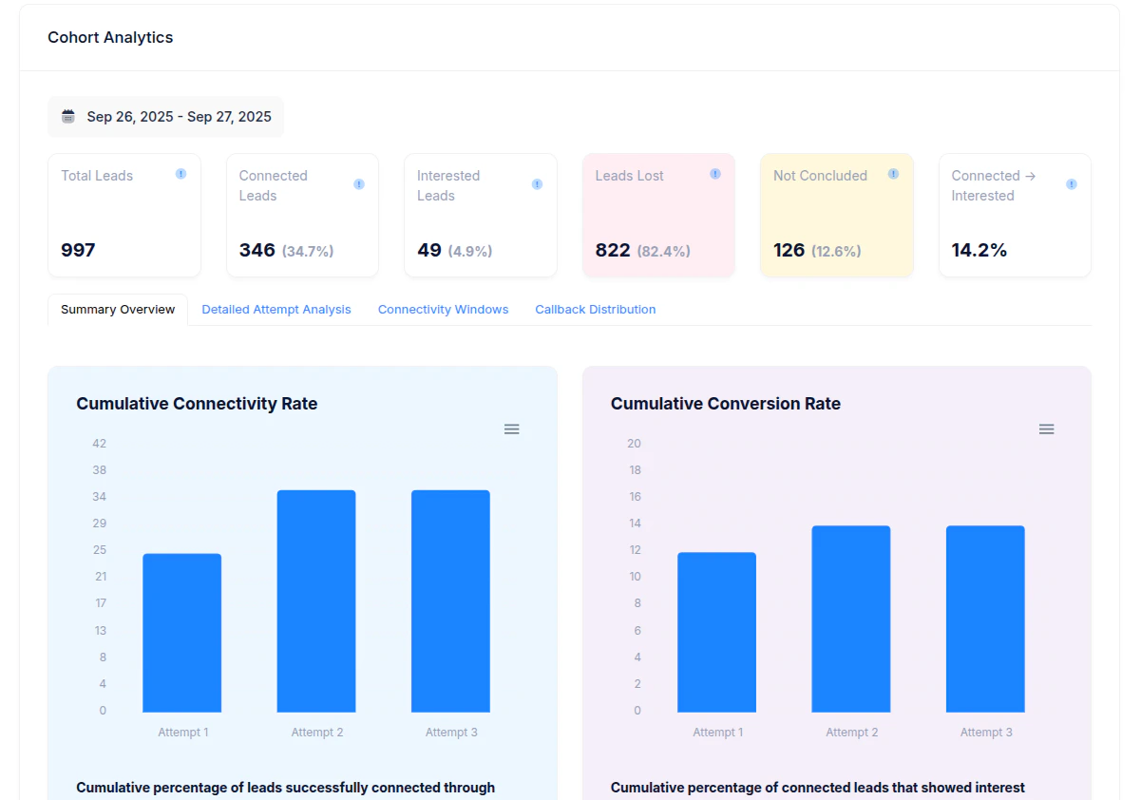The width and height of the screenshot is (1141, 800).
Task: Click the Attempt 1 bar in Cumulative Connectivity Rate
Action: point(181,633)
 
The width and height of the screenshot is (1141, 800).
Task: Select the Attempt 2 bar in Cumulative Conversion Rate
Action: point(850,619)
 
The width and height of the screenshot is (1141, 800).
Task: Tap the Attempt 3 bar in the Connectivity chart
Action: point(450,600)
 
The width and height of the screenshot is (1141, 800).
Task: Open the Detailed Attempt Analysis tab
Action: point(276,310)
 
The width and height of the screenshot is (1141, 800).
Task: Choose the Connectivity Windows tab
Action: point(443,310)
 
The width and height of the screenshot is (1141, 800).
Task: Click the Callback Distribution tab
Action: point(595,310)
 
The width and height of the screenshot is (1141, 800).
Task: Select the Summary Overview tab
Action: point(118,310)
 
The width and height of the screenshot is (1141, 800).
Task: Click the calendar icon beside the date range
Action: point(68,117)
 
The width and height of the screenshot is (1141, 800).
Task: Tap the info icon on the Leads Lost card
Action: point(715,174)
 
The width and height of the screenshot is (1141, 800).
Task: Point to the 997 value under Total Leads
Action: point(78,250)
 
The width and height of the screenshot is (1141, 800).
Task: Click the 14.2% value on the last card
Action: point(979,250)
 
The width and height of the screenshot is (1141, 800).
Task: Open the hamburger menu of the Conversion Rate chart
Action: point(1046,429)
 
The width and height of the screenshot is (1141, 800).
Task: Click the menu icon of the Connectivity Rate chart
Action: point(511,429)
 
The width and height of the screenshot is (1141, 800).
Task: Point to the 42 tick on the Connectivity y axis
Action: point(99,444)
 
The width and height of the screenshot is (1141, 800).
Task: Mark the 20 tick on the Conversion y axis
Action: point(634,444)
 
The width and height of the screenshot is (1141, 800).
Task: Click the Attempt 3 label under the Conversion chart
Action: point(986,733)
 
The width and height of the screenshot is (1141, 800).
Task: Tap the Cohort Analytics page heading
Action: point(110,38)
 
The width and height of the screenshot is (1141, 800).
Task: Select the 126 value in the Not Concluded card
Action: point(789,250)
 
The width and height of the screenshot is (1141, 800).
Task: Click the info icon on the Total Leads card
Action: point(181,174)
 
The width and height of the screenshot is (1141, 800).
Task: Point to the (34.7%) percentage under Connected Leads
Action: point(308,252)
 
